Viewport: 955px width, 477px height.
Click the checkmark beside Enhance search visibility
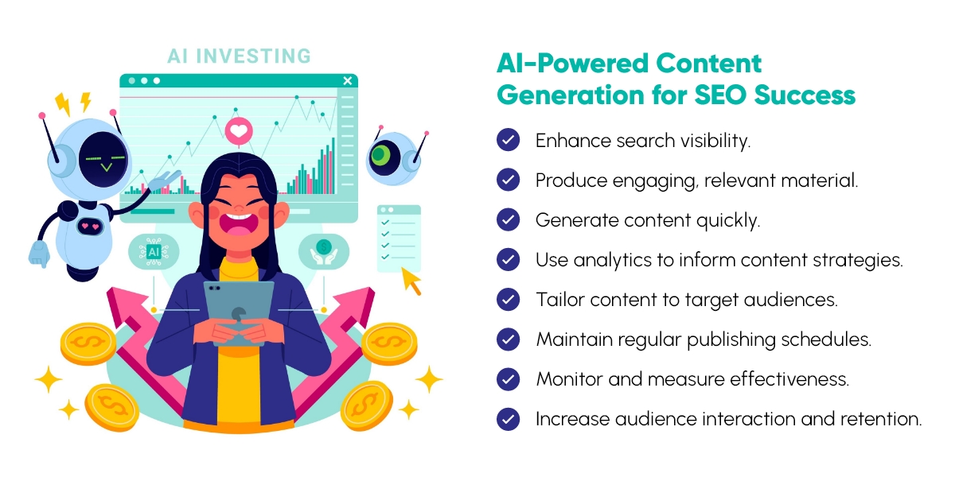pyautogui.click(x=508, y=141)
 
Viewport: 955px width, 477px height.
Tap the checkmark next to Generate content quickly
pyautogui.click(x=508, y=220)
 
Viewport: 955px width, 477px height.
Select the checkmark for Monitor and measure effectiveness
pyautogui.click(x=508, y=379)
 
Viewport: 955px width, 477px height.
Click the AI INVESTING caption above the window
pyautogui.click(x=239, y=56)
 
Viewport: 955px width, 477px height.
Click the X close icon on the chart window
pyautogui.click(x=347, y=80)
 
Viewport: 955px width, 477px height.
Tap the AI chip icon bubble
pyautogui.click(x=153, y=250)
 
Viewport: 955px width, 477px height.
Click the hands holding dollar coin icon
pyautogui.click(x=324, y=250)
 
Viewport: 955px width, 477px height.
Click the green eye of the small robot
pyautogui.click(x=387, y=154)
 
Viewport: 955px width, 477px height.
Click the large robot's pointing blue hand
pyautogui.click(x=39, y=252)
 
